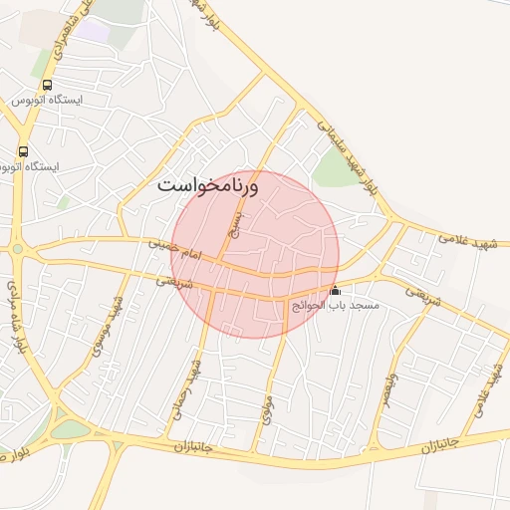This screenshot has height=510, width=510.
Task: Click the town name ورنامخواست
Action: [208, 185]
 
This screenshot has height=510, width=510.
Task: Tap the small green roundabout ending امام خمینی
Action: [18, 249]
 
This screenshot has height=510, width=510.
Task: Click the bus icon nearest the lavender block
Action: [48, 85]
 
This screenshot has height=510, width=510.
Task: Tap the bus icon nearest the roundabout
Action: [22, 151]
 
